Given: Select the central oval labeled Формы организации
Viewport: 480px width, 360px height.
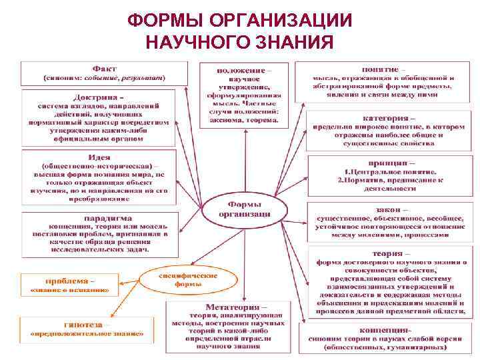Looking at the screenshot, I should (x=245, y=209).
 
